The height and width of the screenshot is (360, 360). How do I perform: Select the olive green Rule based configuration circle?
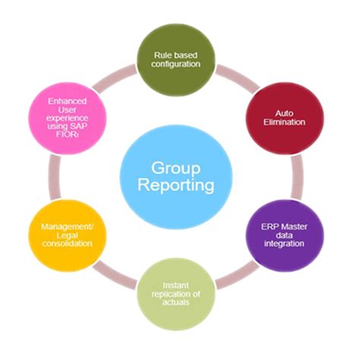[179, 58]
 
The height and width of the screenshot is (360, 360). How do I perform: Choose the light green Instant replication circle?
[179, 292]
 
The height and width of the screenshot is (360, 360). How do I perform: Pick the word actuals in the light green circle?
[180, 302]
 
